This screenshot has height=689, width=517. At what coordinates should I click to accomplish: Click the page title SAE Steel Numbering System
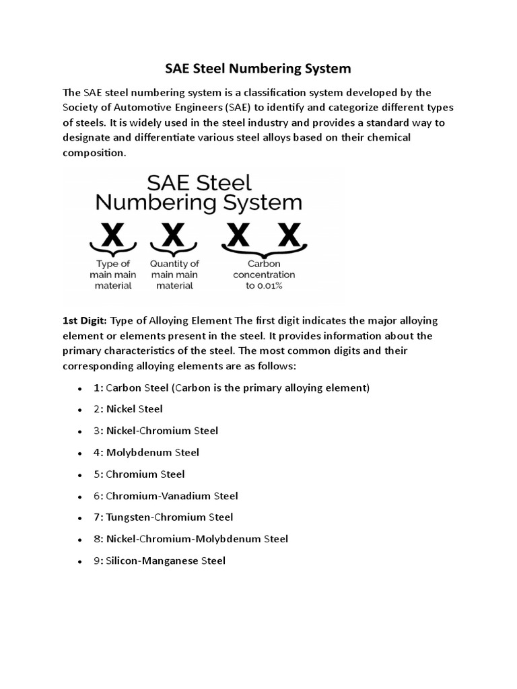point(258,69)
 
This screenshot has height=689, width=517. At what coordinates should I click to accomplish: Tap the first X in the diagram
point(112,235)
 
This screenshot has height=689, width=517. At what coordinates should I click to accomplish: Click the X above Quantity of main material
point(174,235)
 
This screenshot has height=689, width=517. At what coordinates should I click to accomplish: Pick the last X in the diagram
point(288,235)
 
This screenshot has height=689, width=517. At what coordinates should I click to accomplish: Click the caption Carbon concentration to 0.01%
point(264,275)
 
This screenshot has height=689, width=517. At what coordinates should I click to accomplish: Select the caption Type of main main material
point(113,275)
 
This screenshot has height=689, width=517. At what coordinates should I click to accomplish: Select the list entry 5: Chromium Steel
point(139,474)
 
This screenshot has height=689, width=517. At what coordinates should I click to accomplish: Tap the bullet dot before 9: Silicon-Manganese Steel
point(79,561)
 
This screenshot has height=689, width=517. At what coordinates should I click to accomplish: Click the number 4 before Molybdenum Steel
point(97,452)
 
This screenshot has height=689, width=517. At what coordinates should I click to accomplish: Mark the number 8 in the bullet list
point(97,539)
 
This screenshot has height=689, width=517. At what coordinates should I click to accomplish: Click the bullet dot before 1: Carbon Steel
point(79,389)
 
